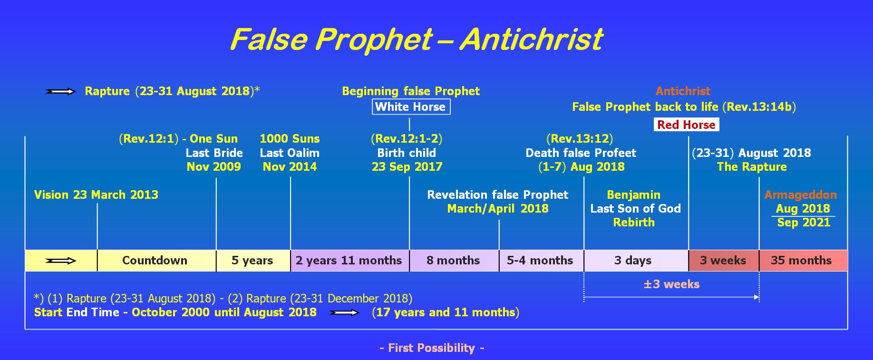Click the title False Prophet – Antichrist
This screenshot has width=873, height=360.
click(416, 39)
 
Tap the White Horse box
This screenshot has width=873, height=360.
click(411, 107)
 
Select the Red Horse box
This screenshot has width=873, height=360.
click(686, 125)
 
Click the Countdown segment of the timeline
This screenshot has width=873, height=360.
click(156, 261)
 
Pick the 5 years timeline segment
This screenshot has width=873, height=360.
click(253, 261)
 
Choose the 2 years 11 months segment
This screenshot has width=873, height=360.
click(350, 261)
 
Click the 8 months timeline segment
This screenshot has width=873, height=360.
click(454, 261)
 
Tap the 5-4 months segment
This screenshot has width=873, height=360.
click(542, 261)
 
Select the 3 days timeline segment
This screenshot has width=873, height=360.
click(636, 261)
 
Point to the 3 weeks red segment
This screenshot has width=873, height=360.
click(724, 261)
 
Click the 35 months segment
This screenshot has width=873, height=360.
click(804, 261)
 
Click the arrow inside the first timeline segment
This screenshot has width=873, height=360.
click(61, 261)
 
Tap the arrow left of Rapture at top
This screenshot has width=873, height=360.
click(61, 91)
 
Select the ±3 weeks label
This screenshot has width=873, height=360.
click(671, 284)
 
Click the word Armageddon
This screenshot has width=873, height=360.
click(801, 195)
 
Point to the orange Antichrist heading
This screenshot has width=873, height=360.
click(683, 91)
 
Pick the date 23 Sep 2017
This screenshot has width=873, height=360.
click(407, 167)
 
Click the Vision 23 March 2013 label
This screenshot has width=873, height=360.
click(96, 195)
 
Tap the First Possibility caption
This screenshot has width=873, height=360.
click(432, 348)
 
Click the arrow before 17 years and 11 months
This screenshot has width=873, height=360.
click(345, 312)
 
